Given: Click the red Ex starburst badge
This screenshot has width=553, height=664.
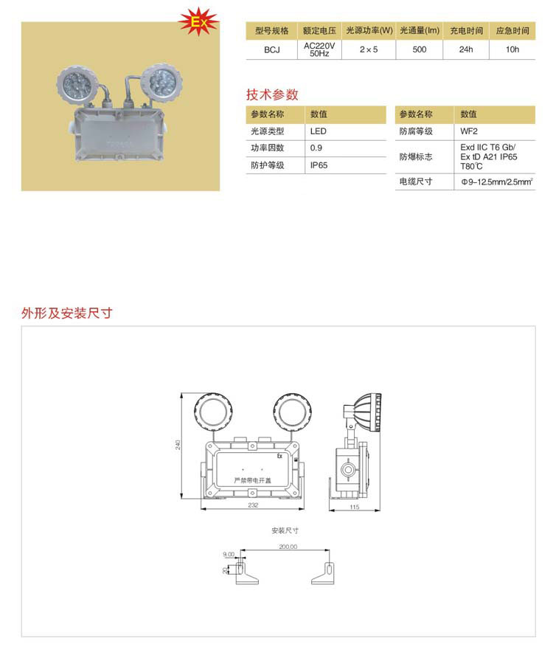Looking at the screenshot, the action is (x=198, y=21).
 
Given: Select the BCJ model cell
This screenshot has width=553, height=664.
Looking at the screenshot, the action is (x=272, y=50).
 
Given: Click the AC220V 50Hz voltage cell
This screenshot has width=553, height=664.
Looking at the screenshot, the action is (x=319, y=49).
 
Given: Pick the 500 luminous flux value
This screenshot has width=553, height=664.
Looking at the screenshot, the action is (x=420, y=49).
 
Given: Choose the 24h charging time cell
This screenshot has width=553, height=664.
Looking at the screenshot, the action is (x=466, y=49).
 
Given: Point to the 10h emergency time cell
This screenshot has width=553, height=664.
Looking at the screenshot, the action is (x=512, y=49).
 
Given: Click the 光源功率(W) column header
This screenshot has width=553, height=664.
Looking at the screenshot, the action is (x=369, y=30).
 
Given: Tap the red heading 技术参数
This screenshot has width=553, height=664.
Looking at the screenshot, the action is (x=272, y=94).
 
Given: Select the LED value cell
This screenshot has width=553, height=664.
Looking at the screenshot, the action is (x=319, y=131).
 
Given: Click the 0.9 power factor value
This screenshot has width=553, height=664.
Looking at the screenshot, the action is (x=316, y=148).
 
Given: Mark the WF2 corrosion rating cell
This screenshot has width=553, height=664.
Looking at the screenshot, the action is (x=469, y=131).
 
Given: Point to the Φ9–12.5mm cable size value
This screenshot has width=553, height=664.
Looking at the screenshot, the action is (x=497, y=182).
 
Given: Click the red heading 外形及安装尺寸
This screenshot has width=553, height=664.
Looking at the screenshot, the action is (x=67, y=313).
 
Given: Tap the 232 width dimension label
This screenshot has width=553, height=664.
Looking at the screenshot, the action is (x=253, y=505).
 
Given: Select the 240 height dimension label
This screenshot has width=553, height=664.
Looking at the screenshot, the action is (x=178, y=445).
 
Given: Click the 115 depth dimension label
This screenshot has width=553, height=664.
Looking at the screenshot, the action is (x=355, y=507).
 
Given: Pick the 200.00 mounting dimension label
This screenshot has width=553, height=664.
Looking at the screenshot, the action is (x=288, y=547).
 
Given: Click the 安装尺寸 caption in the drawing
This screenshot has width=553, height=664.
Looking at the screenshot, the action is (x=285, y=530).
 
